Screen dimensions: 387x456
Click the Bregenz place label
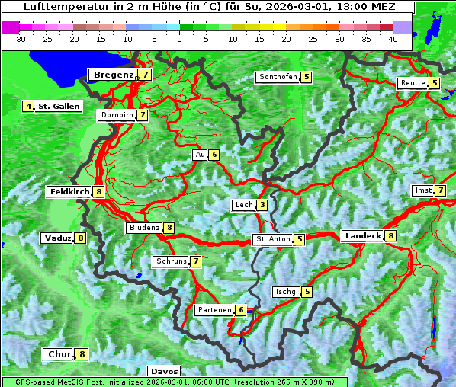coord(114,75)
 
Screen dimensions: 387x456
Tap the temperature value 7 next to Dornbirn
coord(143,115)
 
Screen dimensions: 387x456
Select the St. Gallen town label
coord(59,107)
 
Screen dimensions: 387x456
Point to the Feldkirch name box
coord(69,192)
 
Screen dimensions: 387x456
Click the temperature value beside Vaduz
coord(80,238)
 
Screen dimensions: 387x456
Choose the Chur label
coord(59,354)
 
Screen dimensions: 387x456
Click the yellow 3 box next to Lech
coord(262,205)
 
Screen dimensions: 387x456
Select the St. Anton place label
coord(273,239)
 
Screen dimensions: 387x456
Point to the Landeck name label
coord(362,236)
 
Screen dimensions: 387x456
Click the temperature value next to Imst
coord(441,190)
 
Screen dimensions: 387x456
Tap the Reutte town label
coord(412,83)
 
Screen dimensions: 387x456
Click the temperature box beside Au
coord(214,155)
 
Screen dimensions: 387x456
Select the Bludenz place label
coord(144,228)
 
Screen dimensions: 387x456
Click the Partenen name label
coord(214,310)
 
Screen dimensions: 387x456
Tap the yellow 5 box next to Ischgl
coord(307,292)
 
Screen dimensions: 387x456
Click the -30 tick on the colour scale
coord(20,39)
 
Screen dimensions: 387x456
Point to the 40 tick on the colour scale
coord(393,39)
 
